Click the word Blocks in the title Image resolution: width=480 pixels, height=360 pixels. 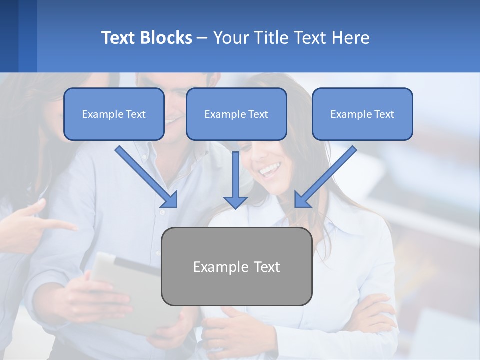pyautogui.click(x=166, y=38)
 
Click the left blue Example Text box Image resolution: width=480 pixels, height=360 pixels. pyautogui.click(x=114, y=114)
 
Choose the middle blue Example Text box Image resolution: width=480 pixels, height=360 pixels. pyautogui.click(x=236, y=114)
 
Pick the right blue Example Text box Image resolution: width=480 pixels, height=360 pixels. pyautogui.click(x=362, y=114)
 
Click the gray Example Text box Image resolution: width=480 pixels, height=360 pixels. pyautogui.click(x=236, y=266)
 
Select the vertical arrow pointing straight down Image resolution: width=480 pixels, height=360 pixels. pyautogui.click(x=235, y=180)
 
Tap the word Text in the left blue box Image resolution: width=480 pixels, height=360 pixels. pyautogui.click(x=136, y=114)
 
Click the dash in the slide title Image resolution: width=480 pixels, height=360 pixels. pyautogui.click(x=202, y=38)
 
